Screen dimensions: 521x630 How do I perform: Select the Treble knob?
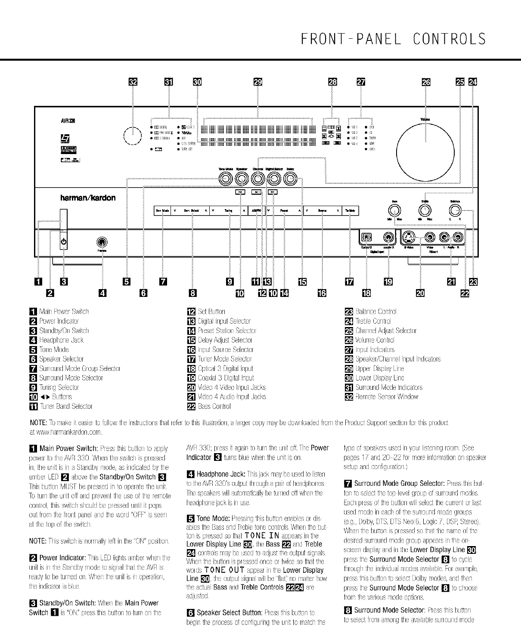[x=425, y=210]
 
